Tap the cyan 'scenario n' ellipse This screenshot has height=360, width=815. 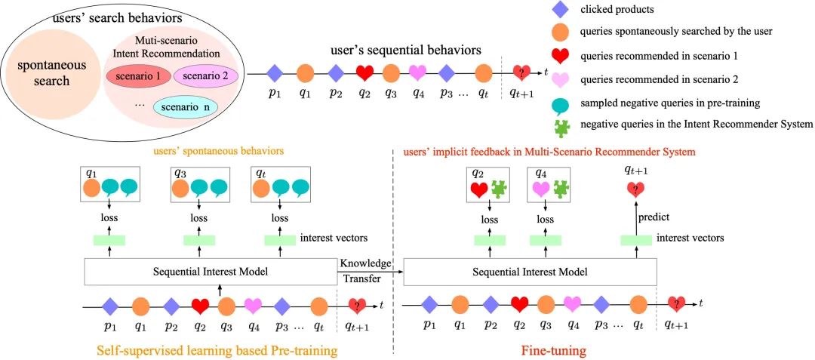point(185,107)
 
